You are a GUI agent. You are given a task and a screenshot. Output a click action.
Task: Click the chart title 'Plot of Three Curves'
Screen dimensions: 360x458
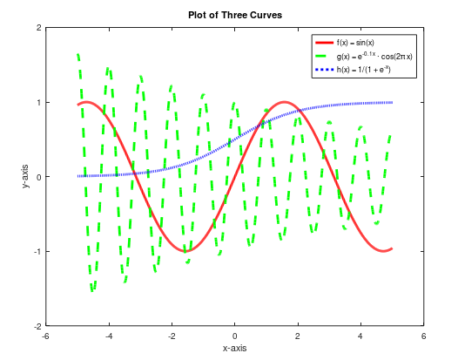[x=234, y=15]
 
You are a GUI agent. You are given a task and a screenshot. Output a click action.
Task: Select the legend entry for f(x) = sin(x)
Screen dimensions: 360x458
[x=355, y=43]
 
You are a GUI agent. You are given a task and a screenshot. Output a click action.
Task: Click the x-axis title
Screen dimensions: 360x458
[x=234, y=348]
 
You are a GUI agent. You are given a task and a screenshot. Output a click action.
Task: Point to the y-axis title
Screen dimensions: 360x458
[x=27, y=176]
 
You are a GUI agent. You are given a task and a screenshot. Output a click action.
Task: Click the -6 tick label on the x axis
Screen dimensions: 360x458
[x=45, y=336]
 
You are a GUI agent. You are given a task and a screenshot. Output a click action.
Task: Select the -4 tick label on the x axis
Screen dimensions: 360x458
[x=108, y=336]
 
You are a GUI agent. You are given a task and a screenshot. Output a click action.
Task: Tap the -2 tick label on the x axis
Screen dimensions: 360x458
[x=171, y=336]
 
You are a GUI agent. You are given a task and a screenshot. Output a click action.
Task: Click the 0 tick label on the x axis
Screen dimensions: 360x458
[x=235, y=336]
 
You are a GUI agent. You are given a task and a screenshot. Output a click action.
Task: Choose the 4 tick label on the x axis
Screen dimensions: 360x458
[x=360, y=336]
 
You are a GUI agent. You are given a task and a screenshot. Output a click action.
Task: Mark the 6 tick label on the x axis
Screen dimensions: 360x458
[x=423, y=336]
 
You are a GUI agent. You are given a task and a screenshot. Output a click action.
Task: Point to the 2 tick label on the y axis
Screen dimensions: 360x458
[x=38, y=27]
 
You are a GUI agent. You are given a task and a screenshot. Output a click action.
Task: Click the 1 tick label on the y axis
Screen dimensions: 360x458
[x=38, y=102]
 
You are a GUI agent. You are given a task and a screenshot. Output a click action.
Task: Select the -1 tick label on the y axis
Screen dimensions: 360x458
[x=37, y=251]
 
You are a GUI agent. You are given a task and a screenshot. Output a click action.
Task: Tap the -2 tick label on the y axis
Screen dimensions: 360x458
[x=37, y=326]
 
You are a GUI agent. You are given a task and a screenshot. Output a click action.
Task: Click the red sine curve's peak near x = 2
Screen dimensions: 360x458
[x=284, y=102]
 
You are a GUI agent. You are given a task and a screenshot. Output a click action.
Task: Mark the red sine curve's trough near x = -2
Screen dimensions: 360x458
[x=185, y=251]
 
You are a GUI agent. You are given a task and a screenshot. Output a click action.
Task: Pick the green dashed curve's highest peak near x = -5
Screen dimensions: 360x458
[x=78, y=55]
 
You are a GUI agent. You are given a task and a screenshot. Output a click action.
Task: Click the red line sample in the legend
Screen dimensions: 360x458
[x=323, y=43]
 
